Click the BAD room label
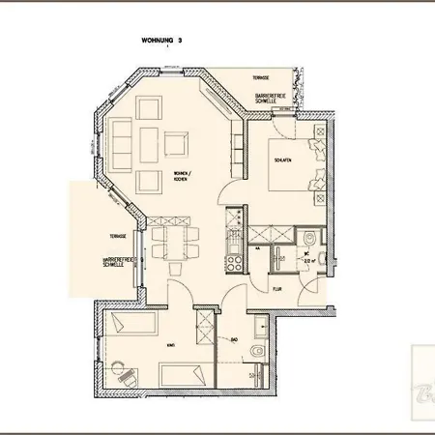(235, 338)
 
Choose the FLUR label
(275, 288)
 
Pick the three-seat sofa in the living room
(124, 144)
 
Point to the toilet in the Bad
(255, 350)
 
